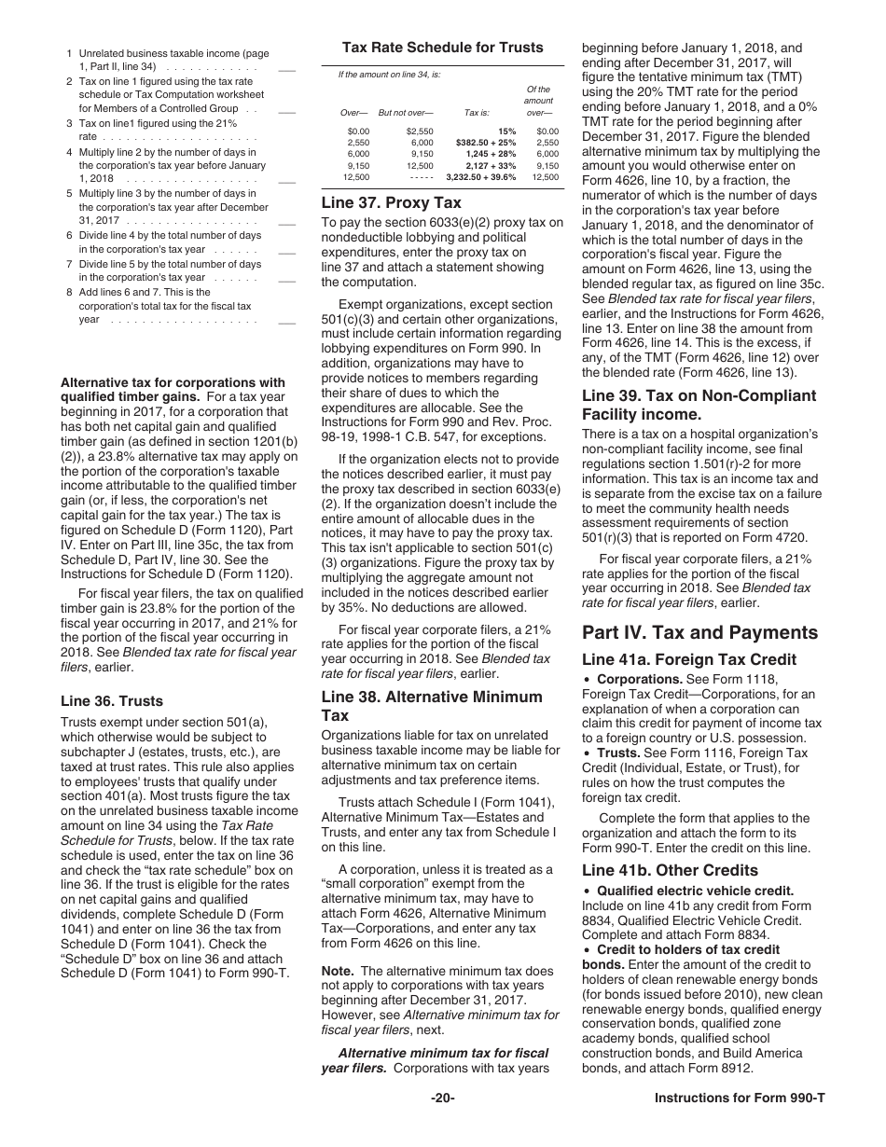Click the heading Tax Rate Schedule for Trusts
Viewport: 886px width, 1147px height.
click(x=442, y=48)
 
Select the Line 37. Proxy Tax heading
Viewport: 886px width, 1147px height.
click(x=391, y=202)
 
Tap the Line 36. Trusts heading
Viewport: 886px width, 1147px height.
click(x=111, y=701)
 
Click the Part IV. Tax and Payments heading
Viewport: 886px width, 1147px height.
click(x=699, y=632)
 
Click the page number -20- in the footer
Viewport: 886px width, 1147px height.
click(x=442, y=1099)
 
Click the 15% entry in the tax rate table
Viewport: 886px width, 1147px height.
click(x=507, y=131)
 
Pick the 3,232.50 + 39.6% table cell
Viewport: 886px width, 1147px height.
click(x=481, y=176)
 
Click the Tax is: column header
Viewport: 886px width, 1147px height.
click(x=477, y=113)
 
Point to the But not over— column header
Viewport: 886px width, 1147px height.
click(x=406, y=113)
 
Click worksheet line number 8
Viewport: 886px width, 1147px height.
click(x=70, y=292)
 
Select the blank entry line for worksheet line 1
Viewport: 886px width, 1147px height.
click(x=287, y=69)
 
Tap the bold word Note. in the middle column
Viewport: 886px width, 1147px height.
click(x=337, y=971)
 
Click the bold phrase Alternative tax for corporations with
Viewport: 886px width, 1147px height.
click(x=173, y=382)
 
